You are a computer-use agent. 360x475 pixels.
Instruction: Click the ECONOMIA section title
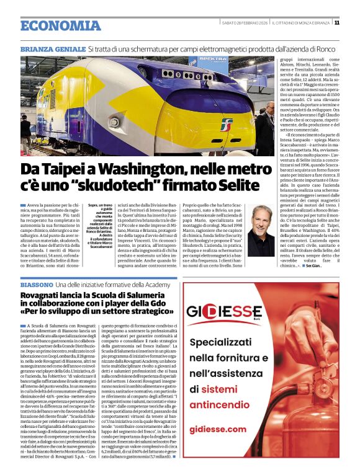click(x=60, y=25)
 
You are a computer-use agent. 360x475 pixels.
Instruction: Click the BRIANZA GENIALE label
click(x=52, y=48)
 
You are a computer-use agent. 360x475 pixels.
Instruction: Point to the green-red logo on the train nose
click(x=227, y=125)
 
